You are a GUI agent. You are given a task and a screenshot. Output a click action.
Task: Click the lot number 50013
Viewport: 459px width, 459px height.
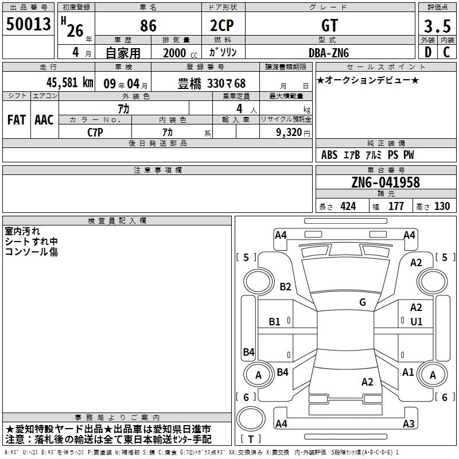click(x=28, y=24)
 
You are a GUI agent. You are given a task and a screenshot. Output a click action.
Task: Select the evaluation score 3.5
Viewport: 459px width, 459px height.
click(x=437, y=26)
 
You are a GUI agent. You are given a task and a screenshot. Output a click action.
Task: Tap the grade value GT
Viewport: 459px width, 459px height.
click(x=329, y=25)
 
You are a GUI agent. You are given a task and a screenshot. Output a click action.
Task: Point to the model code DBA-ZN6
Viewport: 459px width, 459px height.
click(x=329, y=53)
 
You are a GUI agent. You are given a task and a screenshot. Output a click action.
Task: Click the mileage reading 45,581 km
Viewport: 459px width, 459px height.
click(x=70, y=82)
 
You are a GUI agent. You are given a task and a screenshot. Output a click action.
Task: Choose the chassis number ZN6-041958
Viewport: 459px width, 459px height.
click(x=386, y=182)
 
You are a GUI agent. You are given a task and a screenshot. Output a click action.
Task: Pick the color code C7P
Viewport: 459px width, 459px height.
click(x=95, y=133)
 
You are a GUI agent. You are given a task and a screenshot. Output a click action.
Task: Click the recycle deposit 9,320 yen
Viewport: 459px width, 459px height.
click(x=293, y=133)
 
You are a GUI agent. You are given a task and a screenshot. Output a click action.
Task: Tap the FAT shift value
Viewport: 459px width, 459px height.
click(x=17, y=120)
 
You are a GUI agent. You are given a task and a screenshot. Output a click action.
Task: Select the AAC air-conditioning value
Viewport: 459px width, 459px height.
click(x=44, y=120)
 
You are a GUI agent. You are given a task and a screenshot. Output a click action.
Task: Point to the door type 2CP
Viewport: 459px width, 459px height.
click(x=222, y=25)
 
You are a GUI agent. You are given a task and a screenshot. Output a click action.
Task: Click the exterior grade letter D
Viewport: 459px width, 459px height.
click(x=428, y=52)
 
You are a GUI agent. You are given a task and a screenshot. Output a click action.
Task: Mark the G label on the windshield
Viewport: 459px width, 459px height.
click(x=363, y=302)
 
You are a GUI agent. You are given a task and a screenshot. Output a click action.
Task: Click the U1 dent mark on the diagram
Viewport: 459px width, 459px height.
click(x=417, y=322)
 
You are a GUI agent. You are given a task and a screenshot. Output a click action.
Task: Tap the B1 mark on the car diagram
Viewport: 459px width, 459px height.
click(x=274, y=322)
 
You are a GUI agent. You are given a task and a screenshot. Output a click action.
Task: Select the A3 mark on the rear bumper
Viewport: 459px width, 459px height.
click(x=409, y=423)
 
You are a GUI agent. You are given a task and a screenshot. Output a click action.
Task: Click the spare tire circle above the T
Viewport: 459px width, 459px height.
click(x=251, y=419)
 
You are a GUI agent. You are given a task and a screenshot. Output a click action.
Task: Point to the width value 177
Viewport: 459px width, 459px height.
click(x=396, y=206)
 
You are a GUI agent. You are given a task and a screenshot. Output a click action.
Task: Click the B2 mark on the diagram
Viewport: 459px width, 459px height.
click(x=285, y=286)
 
